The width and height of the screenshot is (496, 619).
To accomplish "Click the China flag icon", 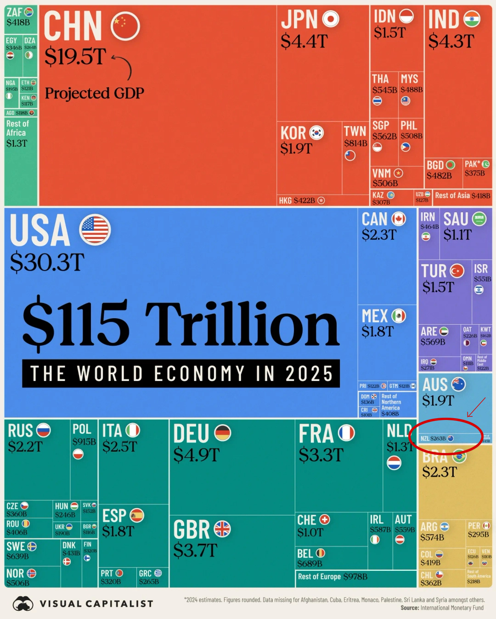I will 125,26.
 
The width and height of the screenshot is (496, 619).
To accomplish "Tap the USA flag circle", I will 95,229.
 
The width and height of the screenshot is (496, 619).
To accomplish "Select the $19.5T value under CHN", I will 75,57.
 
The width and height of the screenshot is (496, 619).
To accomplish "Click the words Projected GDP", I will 95,94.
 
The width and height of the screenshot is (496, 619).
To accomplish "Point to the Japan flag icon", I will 331,19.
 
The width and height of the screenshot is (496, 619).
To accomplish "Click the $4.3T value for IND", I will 451,42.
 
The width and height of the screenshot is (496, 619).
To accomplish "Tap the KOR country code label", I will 293,133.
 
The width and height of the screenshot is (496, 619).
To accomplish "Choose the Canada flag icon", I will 399,219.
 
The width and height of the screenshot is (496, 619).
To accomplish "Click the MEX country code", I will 375,316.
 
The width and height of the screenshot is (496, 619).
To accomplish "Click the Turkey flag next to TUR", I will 457,271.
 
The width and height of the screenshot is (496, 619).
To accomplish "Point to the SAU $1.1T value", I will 457,235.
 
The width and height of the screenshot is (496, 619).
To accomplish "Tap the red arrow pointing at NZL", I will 476,408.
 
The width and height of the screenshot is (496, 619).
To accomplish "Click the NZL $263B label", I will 433,439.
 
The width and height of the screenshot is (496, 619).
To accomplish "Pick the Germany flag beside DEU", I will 223,432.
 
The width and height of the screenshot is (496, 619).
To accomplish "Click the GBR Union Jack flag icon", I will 222,529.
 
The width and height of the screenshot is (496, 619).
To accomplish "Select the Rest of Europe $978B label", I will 333,577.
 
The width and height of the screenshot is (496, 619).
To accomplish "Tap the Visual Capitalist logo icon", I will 23,603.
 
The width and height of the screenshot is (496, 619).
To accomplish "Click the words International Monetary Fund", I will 451,608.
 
